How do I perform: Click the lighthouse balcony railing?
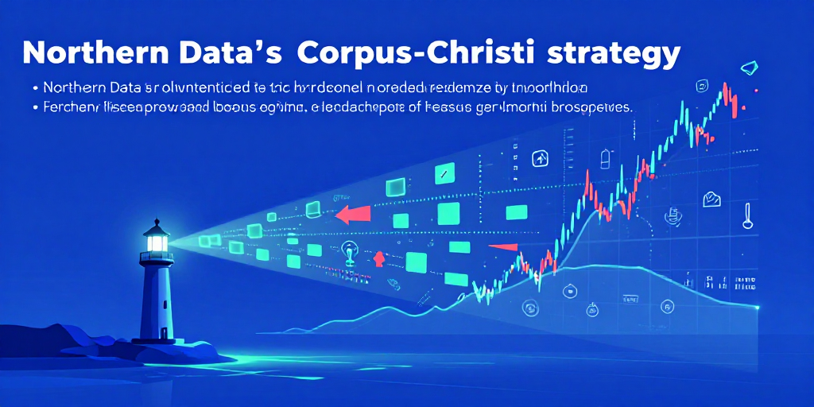tap(157, 256)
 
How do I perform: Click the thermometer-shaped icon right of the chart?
tap(747, 215)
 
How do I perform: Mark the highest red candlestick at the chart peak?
tap(726, 91)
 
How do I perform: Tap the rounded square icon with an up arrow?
tap(540, 157)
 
